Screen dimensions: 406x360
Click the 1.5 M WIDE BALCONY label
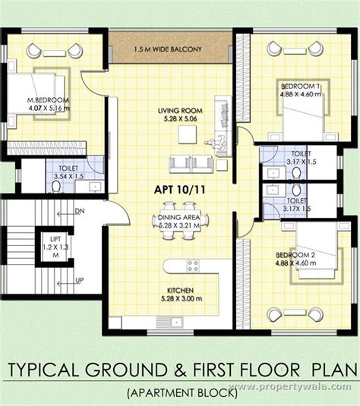coord(169,49)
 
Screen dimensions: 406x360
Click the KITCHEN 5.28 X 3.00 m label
coord(181,294)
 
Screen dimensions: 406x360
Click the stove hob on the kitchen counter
coord(193,265)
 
